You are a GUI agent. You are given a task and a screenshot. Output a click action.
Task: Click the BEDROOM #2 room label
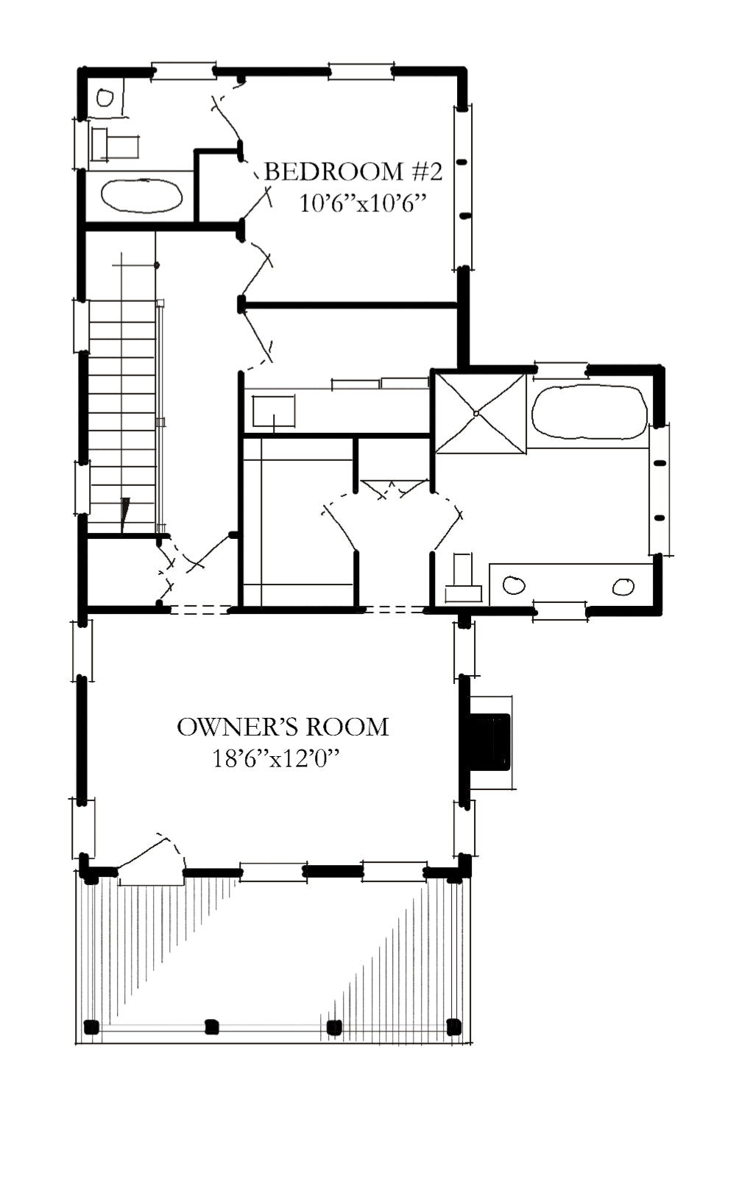[x=353, y=172]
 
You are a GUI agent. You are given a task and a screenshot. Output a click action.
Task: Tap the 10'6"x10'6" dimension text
[x=362, y=203]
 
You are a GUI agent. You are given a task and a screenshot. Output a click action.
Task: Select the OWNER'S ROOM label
[x=283, y=727]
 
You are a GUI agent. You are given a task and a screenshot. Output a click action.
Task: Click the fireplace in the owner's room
[x=488, y=742]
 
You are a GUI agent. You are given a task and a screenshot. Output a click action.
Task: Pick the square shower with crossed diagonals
[x=481, y=413]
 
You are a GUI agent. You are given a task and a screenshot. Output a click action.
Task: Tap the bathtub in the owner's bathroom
[x=589, y=412]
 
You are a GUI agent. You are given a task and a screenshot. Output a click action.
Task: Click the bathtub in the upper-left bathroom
[x=142, y=196]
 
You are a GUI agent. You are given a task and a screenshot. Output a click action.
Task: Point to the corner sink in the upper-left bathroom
[x=105, y=98]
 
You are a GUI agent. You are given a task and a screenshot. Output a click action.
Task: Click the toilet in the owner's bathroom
[x=463, y=579]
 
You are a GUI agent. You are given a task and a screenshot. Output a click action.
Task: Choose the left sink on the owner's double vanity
[x=514, y=585]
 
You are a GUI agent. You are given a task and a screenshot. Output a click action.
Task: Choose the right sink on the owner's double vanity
[x=623, y=586]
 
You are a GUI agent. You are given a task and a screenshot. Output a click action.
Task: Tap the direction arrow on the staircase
[x=124, y=515]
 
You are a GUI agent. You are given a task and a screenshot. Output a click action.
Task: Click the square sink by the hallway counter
[x=273, y=411]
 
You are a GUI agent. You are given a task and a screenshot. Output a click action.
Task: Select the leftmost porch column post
[x=91, y=1026]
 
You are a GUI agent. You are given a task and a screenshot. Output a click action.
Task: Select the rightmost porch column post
[x=454, y=1026]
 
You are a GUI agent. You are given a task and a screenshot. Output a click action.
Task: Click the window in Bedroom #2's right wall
[x=463, y=187]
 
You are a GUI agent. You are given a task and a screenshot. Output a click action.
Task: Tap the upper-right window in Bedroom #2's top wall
[x=361, y=71]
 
